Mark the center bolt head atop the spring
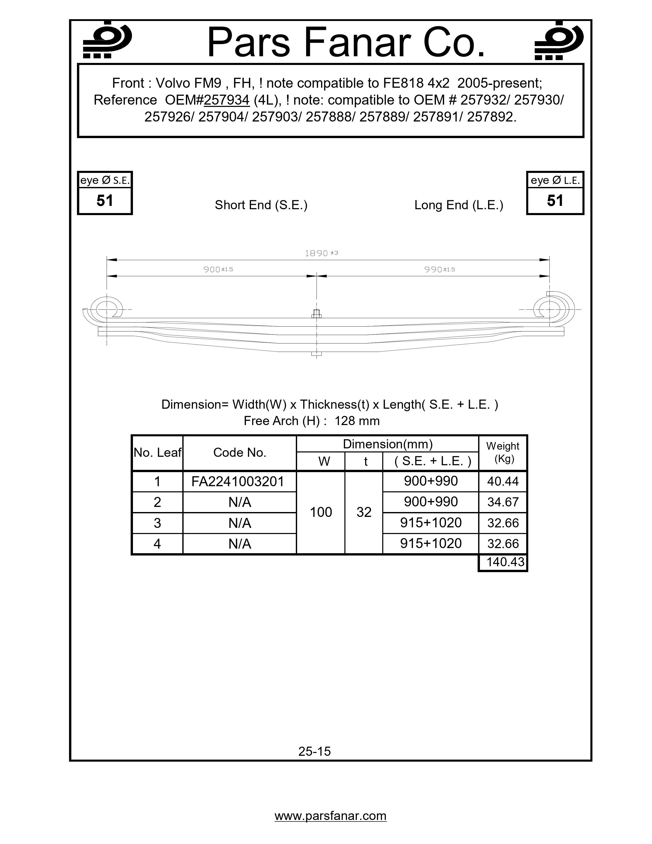pyautogui.click(x=316, y=313)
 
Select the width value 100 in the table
pyautogui.click(x=321, y=513)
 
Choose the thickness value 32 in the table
pyautogui.click(x=364, y=513)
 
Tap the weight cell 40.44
pyautogui.click(x=502, y=482)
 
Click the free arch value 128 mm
pyautogui.click(x=357, y=421)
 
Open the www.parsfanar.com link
pyautogui.click(x=330, y=816)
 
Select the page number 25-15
pyautogui.click(x=314, y=751)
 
